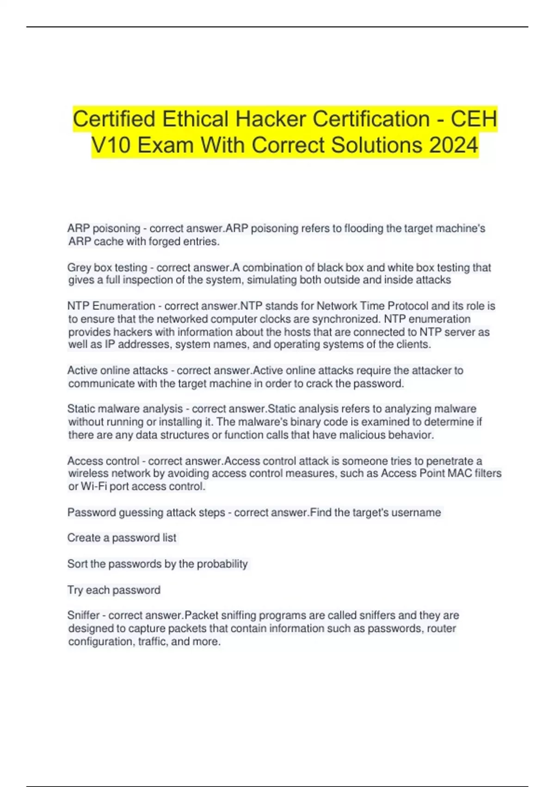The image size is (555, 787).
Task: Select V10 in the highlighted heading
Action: pos(109,145)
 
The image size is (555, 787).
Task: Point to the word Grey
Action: pos(79,268)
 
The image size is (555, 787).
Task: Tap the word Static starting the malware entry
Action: pos(81,409)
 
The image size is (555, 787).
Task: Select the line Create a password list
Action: pos(122,538)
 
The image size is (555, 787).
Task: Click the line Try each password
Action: pos(114,590)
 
